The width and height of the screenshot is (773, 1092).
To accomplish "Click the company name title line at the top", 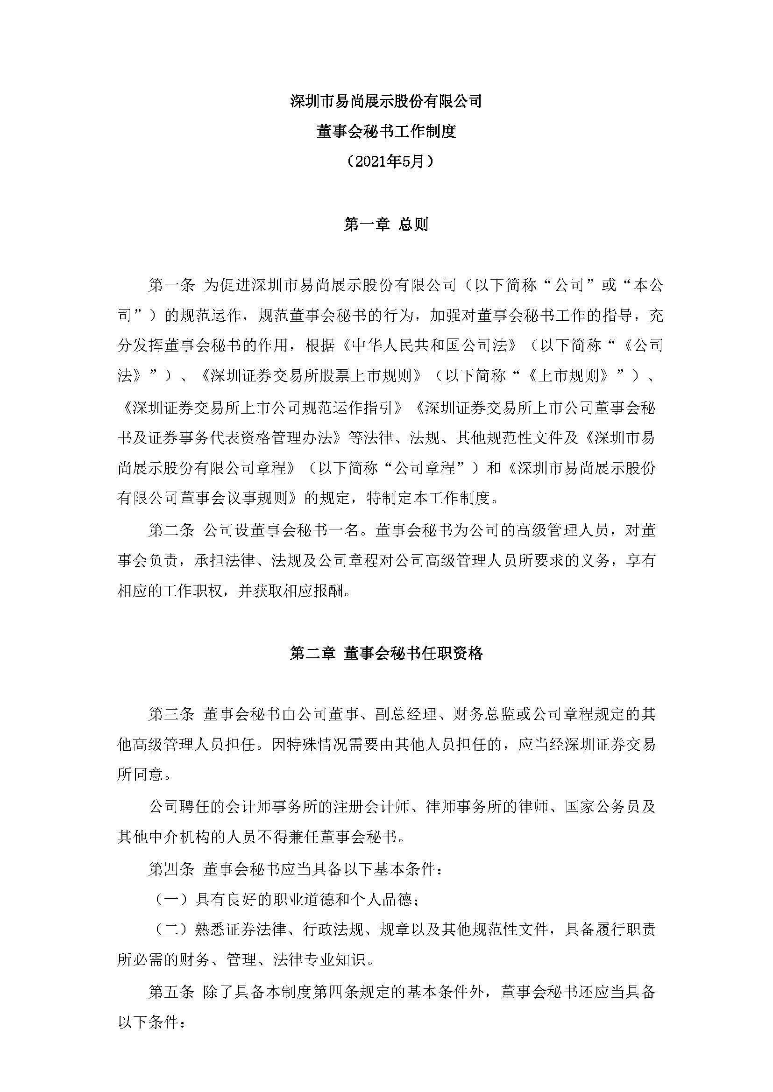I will tap(386, 101).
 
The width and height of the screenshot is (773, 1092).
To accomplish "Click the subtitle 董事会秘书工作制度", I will tap(386, 131).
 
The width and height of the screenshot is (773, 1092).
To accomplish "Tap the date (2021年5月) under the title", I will tap(386, 162).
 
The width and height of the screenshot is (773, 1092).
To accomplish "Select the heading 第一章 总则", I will tap(386, 224).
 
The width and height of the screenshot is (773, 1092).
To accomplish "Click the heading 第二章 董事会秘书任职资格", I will tap(386, 653).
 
